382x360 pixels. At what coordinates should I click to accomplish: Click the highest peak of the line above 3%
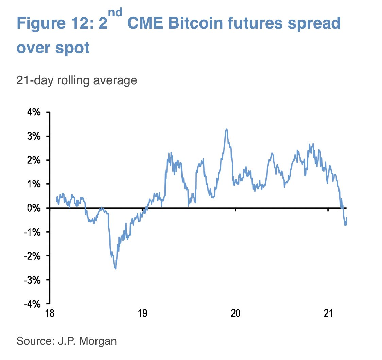226,129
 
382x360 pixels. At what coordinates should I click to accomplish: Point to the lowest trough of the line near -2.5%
116,269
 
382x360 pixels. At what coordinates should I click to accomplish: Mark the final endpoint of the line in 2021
347,218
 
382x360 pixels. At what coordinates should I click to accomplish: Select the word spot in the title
73,48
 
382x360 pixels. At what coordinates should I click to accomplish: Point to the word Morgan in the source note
99,341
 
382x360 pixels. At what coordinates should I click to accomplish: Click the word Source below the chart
33,341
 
